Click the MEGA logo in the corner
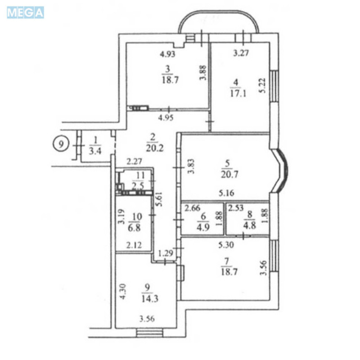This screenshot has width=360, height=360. pyautogui.click(x=25, y=13)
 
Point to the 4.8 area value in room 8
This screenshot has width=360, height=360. pyautogui.click(x=247, y=226)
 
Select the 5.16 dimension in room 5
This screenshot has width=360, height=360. pyautogui.click(x=226, y=193)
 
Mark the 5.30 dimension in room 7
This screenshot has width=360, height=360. pyautogui.click(x=226, y=245)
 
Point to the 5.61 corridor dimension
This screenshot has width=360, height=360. pyautogui.click(x=158, y=196)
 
